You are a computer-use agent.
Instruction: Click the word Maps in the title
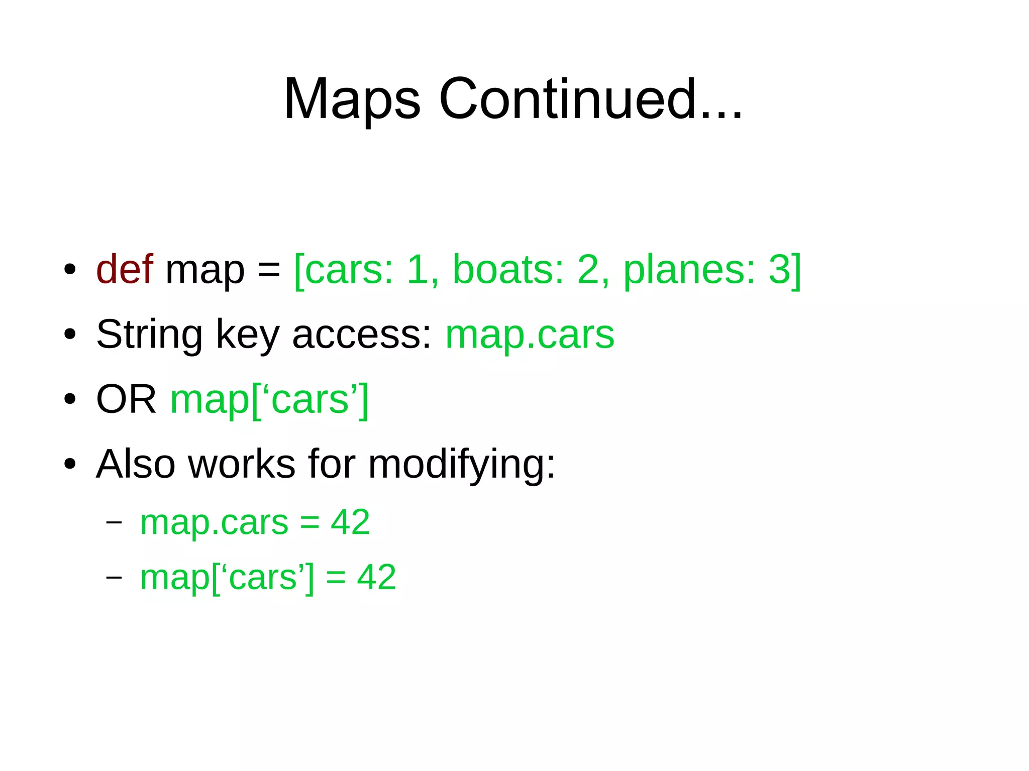pyautogui.click(x=352, y=99)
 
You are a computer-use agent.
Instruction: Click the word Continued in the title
pyautogui.click(x=568, y=99)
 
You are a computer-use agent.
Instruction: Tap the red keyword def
pyautogui.click(x=124, y=270)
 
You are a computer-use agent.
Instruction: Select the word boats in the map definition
pyautogui.click(x=508, y=270)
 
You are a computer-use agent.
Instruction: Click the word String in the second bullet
pyautogui.click(x=149, y=335)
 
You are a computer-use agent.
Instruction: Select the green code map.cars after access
pyautogui.click(x=530, y=335)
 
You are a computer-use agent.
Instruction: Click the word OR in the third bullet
pyautogui.click(x=126, y=400)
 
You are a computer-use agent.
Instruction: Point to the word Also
pyautogui.click(x=136, y=464)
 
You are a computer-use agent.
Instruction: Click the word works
pyautogui.click(x=242, y=464)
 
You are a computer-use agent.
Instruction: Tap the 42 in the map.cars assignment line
pyautogui.click(x=350, y=522)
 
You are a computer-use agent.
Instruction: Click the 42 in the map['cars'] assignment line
pyautogui.click(x=376, y=577)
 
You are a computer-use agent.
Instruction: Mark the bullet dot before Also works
pyautogui.click(x=70, y=464)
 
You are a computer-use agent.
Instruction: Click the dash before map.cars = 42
pyautogui.click(x=114, y=522)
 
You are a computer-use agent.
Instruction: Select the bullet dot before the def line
pyautogui.click(x=70, y=270)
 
